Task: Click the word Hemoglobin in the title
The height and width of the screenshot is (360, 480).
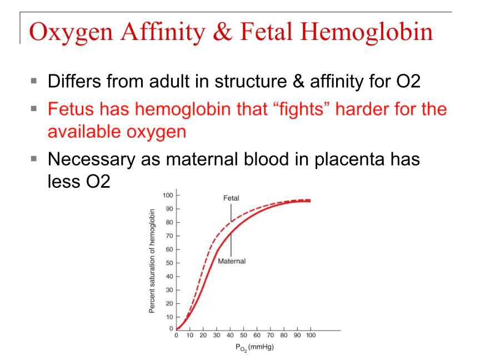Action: [367, 32]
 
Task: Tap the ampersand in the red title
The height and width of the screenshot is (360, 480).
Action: [223, 32]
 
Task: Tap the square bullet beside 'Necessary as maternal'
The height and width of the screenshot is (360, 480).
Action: [34, 158]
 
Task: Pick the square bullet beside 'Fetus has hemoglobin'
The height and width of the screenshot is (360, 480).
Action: [34, 108]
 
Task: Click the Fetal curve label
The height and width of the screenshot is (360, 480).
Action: [231, 198]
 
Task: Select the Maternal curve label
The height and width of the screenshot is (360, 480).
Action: [232, 261]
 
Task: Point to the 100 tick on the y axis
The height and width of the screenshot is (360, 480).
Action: [168, 195]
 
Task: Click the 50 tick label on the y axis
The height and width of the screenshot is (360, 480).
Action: [169, 263]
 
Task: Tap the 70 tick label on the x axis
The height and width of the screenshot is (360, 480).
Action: [271, 335]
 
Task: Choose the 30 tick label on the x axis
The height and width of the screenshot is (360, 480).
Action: [217, 335]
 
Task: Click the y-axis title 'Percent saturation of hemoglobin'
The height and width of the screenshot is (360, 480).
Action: [152, 261]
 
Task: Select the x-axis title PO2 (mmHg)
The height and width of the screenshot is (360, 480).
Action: [254, 347]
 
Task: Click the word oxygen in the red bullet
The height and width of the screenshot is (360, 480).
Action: [156, 132]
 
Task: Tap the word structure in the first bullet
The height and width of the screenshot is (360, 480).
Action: [251, 82]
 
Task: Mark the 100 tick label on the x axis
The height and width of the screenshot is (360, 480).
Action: [311, 335]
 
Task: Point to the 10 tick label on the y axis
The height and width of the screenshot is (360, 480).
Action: [169, 317]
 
